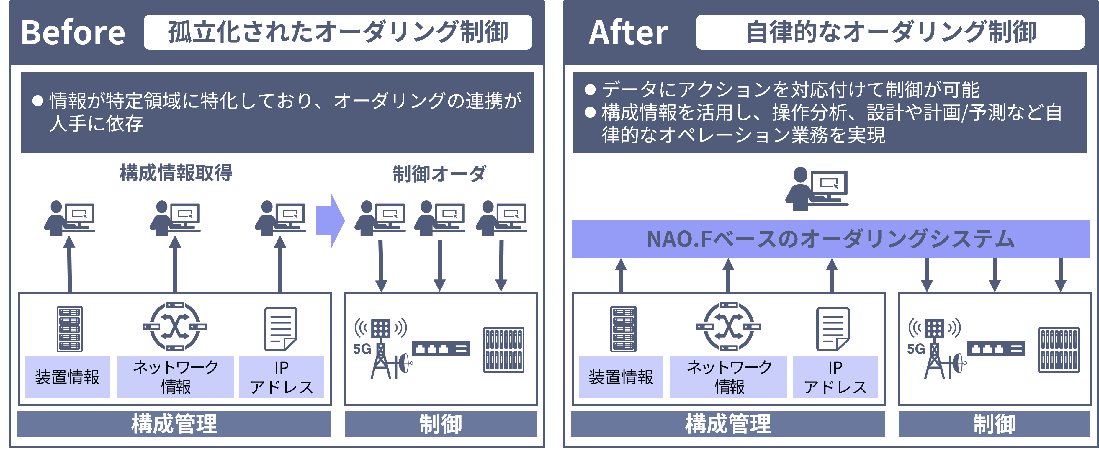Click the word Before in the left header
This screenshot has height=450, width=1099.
[73, 32]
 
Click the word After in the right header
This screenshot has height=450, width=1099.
[628, 32]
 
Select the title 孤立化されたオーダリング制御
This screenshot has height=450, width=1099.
[338, 32]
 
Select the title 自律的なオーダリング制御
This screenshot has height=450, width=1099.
[890, 32]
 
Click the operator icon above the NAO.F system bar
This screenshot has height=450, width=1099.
[816, 189]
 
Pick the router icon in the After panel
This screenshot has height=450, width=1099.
[728, 327]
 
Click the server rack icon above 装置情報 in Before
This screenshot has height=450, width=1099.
[70, 329]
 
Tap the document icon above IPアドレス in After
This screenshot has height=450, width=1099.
[833, 329]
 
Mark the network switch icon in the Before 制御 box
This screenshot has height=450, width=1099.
[441, 348]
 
